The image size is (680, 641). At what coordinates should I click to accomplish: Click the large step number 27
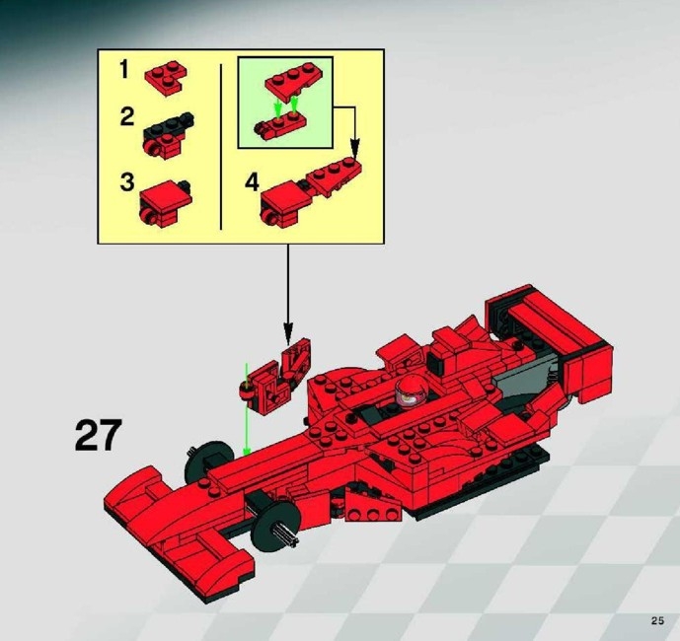click(x=98, y=435)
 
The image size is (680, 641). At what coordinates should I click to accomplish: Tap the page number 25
click(x=657, y=619)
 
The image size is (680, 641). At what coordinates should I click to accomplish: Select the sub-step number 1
click(x=124, y=70)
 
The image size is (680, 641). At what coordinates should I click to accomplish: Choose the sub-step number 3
click(x=125, y=181)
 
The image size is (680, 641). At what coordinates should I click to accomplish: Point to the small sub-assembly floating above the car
click(x=277, y=374)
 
